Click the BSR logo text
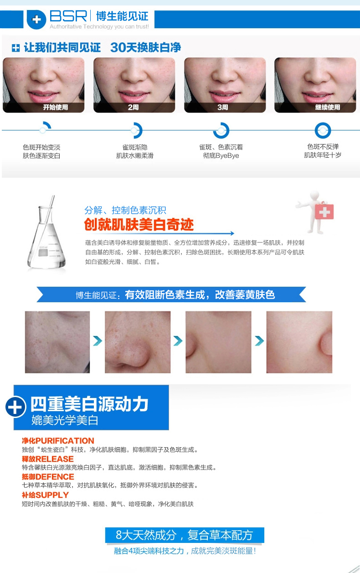coord(68,16)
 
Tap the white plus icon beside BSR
coord(36,20)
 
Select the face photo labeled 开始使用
coord(43,85)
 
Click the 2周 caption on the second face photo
coord(133,107)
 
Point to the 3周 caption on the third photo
coord(223,107)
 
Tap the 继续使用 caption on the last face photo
coord(328,107)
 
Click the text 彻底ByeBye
coord(221,155)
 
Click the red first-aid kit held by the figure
coord(324,212)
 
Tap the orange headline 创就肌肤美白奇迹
coord(139,225)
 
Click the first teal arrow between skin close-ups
coord(98,341)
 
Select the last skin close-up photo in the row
coord(299,342)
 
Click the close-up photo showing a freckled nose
coord(138,342)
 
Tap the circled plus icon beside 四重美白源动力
coord(15,407)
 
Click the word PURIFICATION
coord(65,440)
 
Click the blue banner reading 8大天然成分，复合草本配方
coord(185,535)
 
